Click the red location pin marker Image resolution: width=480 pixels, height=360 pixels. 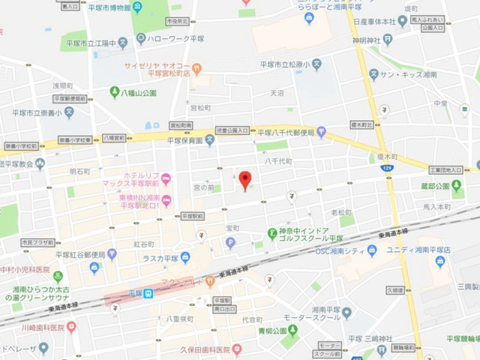click(244, 180)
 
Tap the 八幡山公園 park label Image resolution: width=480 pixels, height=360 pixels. click(138, 93)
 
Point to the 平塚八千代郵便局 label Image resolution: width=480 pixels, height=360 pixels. click(288, 133)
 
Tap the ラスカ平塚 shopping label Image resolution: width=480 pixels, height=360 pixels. click(166, 258)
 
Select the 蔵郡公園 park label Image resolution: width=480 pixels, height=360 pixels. click(434, 186)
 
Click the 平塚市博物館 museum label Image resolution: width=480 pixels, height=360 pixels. click(106, 8)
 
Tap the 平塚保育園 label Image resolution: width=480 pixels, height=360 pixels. click(184, 140)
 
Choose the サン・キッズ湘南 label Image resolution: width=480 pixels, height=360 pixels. click(417, 75)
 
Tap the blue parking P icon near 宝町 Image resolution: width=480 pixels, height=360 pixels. click(230, 242)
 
